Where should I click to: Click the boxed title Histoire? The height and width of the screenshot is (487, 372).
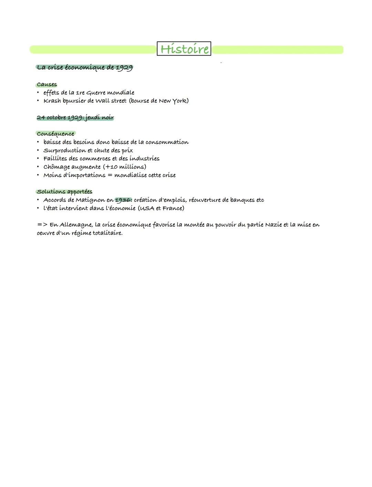point(184,49)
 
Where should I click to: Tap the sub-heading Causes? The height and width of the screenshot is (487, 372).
point(47,85)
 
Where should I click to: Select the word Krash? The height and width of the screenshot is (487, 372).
point(52,101)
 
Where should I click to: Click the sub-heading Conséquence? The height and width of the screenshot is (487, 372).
point(55,134)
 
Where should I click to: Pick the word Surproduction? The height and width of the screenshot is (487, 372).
point(65,150)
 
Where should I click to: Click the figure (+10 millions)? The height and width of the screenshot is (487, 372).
point(124,167)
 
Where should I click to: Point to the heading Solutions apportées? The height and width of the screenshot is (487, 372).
point(65,192)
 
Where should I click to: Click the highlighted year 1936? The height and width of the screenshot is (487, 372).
point(123,200)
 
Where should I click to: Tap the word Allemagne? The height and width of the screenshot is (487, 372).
point(76,225)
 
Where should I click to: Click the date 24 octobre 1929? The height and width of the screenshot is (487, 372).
point(59,117)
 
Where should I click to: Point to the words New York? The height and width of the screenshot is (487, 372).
point(172,101)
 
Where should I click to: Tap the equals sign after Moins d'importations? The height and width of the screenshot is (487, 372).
point(110,175)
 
